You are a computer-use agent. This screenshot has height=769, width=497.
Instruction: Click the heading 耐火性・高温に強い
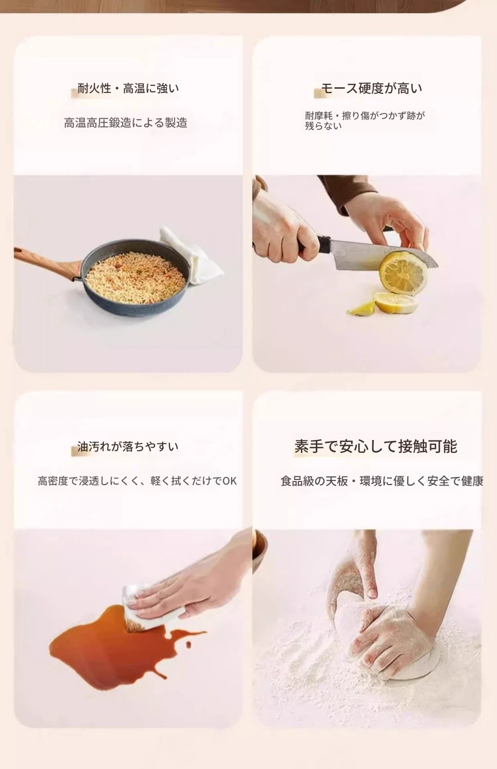click(x=128, y=89)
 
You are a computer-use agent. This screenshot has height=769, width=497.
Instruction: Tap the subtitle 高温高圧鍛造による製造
click(x=126, y=123)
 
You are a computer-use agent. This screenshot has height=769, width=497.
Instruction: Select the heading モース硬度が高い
click(x=372, y=88)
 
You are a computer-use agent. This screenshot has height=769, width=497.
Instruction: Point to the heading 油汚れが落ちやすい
click(x=128, y=446)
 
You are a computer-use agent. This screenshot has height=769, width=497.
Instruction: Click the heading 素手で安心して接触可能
click(x=376, y=446)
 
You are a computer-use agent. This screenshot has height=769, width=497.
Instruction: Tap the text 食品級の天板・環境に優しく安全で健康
click(x=382, y=481)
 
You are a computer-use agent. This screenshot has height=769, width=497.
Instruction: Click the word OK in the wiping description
click(x=230, y=481)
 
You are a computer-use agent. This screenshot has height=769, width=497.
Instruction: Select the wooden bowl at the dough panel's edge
click(x=259, y=551)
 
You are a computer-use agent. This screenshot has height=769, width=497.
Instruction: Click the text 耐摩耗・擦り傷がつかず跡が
click(x=365, y=116)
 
